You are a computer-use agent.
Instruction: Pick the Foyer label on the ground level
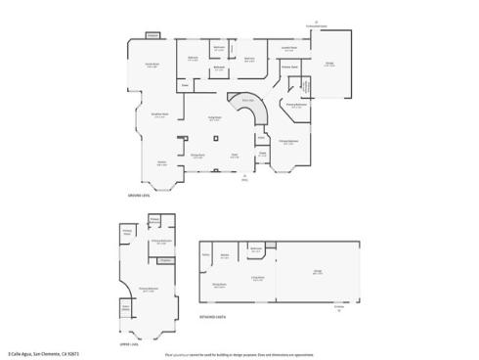pos(234,155)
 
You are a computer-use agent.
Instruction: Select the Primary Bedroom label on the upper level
pos(149,290)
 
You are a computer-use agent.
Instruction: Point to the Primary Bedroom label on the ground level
pos(288,142)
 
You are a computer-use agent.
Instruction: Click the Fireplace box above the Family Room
pos(152,35)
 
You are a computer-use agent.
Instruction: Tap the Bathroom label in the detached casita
pos(255,248)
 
